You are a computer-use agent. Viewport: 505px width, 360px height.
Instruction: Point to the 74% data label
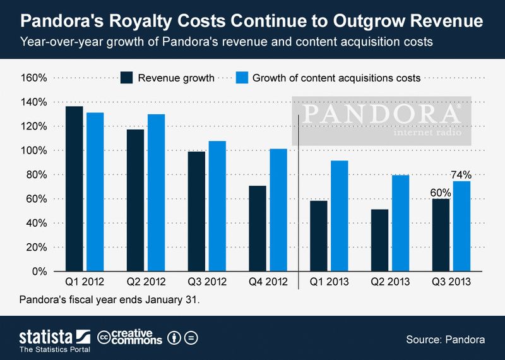point(461,174)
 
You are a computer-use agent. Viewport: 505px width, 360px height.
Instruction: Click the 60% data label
point(441,191)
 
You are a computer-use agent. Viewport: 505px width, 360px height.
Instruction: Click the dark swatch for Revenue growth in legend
point(127,78)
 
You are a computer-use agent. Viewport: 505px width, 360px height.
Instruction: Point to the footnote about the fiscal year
point(109,299)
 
